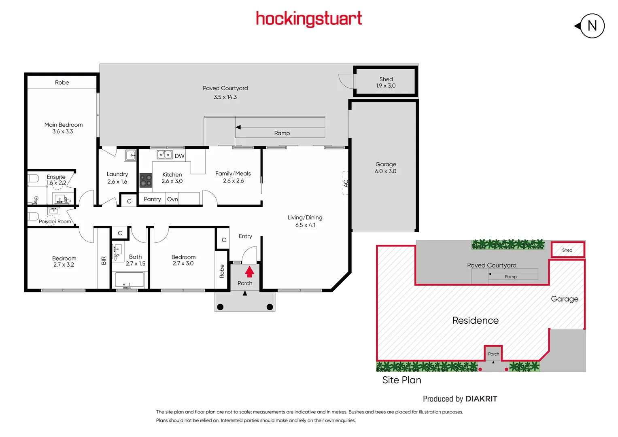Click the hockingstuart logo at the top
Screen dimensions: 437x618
coord(309,19)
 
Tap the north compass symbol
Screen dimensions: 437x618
coord(591,26)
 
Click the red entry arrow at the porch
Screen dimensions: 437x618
coord(249,272)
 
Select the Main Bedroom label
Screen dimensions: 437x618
coord(64,125)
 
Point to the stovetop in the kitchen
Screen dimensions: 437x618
coord(146,180)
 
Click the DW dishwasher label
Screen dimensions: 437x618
coord(179,156)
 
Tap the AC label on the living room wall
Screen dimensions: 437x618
coord(346,183)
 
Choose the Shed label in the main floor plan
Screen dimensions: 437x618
coord(386,79)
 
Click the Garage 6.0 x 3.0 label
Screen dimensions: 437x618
coord(385,168)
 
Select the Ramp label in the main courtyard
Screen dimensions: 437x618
coord(282,133)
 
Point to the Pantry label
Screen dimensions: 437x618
coord(152,199)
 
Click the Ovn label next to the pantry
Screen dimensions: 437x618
coord(172,199)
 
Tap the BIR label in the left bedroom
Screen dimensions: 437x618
coord(104,261)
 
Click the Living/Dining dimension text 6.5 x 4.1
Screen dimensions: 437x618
coord(305,225)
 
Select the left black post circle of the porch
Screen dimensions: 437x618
coord(220,307)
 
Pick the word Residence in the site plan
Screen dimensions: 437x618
coord(475,320)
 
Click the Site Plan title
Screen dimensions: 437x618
coord(401,380)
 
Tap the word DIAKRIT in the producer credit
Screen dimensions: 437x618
coord(481,399)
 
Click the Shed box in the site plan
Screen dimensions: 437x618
coord(567,250)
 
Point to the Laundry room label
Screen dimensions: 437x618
coord(117,174)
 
